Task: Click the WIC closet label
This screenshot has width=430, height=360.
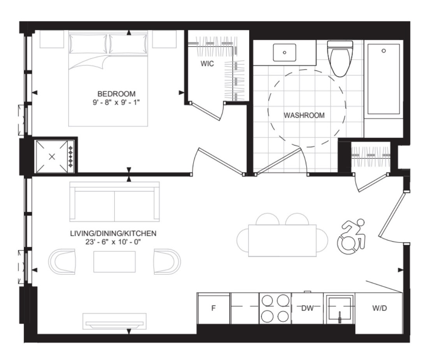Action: click(x=207, y=63)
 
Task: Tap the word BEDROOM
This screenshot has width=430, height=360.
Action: click(x=116, y=94)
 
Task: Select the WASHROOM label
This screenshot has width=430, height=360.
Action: click(x=304, y=115)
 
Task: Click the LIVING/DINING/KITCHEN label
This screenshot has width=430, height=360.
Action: click(x=113, y=234)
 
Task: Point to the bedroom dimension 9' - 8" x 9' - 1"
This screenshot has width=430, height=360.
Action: click(x=116, y=102)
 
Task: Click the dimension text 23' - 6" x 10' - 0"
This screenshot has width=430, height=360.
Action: click(x=113, y=242)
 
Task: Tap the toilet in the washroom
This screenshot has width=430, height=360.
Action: click(x=340, y=59)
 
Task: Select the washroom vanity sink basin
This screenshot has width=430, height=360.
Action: click(x=284, y=52)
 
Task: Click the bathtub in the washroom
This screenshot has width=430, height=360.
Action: click(x=383, y=79)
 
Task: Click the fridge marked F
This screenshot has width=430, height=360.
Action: click(x=213, y=308)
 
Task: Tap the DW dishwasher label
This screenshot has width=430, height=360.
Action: click(x=307, y=308)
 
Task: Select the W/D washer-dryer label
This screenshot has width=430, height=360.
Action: click(x=380, y=308)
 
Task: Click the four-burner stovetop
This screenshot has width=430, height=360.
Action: click(x=275, y=309)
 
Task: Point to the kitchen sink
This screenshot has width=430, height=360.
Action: click(x=339, y=309)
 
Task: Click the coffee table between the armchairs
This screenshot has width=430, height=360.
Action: click(x=115, y=262)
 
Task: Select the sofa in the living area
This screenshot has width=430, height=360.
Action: click(x=115, y=202)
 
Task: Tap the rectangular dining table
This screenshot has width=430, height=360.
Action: click(x=282, y=241)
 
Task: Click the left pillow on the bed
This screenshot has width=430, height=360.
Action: click(x=88, y=44)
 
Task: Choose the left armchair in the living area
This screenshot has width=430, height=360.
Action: click(x=62, y=262)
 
